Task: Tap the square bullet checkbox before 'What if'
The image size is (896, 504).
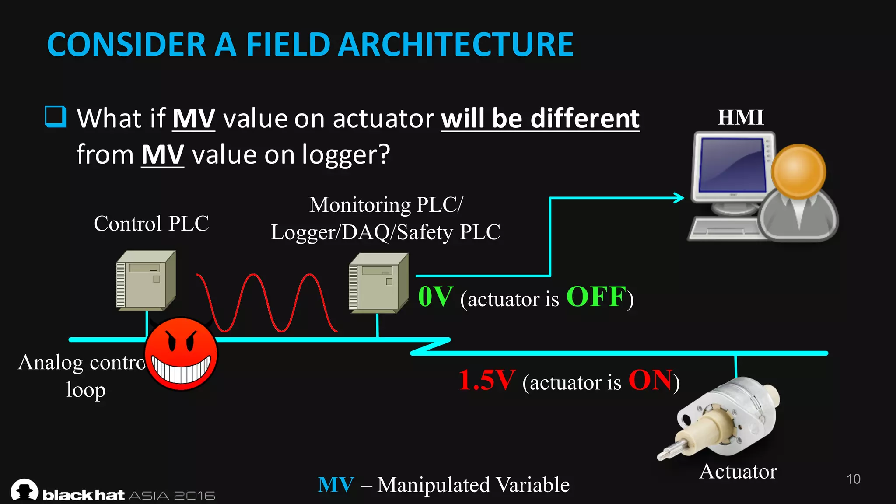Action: (56, 117)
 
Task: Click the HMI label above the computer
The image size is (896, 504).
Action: (740, 117)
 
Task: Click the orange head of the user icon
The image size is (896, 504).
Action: (798, 171)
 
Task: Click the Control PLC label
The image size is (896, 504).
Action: (151, 224)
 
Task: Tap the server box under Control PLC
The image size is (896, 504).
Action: (146, 281)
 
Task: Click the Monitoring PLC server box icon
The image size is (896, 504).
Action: (378, 283)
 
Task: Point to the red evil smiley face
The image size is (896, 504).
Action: (181, 354)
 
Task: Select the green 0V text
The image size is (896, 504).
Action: (435, 297)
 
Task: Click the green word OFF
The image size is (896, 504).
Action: (596, 297)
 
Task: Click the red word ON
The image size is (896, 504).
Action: (651, 380)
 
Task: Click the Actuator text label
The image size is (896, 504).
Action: (738, 471)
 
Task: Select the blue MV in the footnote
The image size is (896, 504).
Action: (336, 485)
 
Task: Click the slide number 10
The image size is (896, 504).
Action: (853, 479)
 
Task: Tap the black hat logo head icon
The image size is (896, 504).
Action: (24, 490)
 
